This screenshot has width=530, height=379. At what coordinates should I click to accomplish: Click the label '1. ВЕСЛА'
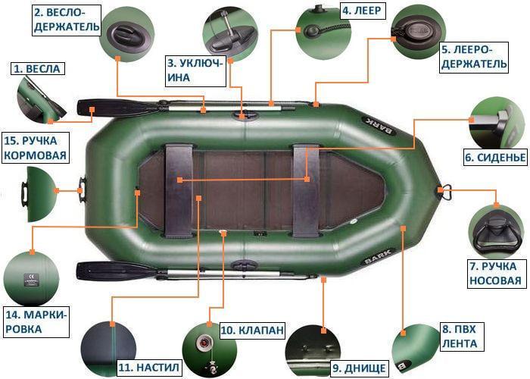(38, 69)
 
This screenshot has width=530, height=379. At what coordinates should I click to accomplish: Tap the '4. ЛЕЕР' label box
(362, 11)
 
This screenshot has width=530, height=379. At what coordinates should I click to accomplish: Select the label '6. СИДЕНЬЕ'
(495, 158)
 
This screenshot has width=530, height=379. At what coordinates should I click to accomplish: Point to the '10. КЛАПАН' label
(252, 330)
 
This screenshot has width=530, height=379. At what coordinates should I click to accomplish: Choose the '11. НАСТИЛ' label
(148, 368)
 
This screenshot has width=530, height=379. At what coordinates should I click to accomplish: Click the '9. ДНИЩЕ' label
(358, 368)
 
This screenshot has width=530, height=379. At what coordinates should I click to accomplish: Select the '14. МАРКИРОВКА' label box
(36, 322)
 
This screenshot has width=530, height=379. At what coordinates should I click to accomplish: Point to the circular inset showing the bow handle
(496, 233)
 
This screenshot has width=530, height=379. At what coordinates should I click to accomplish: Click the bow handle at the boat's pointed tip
(446, 192)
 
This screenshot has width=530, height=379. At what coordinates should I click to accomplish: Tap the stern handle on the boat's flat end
(82, 190)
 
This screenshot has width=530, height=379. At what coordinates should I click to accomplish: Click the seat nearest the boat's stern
(179, 189)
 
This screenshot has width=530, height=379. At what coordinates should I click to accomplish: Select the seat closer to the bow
(306, 190)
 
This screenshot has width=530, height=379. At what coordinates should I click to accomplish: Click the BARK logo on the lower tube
(379, 256)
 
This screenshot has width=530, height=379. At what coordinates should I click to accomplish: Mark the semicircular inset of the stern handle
(40, 194)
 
